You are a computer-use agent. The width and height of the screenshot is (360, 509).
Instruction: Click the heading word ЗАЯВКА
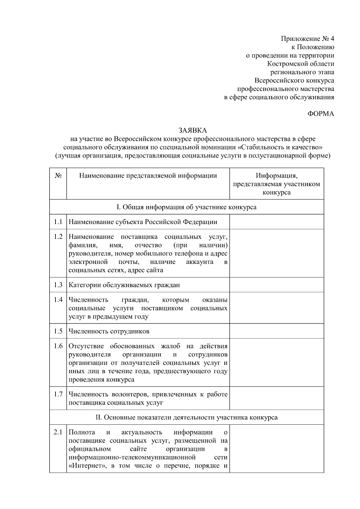point(193,130)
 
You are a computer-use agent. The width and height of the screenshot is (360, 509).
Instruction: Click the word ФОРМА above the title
point(321,114)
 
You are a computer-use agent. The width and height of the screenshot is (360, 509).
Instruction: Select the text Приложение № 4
point(307,39)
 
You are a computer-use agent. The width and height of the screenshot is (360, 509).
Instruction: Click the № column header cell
point(58,176)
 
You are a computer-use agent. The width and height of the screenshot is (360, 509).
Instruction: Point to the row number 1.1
point(58,222)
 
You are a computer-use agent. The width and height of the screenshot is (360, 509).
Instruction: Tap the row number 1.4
point(58,300)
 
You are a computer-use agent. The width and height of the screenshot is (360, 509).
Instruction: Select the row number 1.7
point(58,394)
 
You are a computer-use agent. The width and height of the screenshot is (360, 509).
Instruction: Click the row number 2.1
point(58,432)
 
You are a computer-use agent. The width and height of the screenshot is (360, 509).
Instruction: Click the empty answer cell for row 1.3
point(276,285)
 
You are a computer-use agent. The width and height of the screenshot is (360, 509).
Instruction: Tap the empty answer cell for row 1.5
point(276,331)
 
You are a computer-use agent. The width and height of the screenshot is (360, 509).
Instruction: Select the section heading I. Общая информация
point(186,207)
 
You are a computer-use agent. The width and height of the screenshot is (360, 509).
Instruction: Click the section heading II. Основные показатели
point(186,417)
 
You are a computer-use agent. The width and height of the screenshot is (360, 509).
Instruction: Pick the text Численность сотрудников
point(109,331)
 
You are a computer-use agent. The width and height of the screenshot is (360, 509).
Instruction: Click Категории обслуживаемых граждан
point(124,285)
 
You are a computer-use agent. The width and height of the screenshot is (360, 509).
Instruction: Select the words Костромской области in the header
point(301,64)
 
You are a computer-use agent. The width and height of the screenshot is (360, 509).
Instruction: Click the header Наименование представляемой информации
point(148,176)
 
